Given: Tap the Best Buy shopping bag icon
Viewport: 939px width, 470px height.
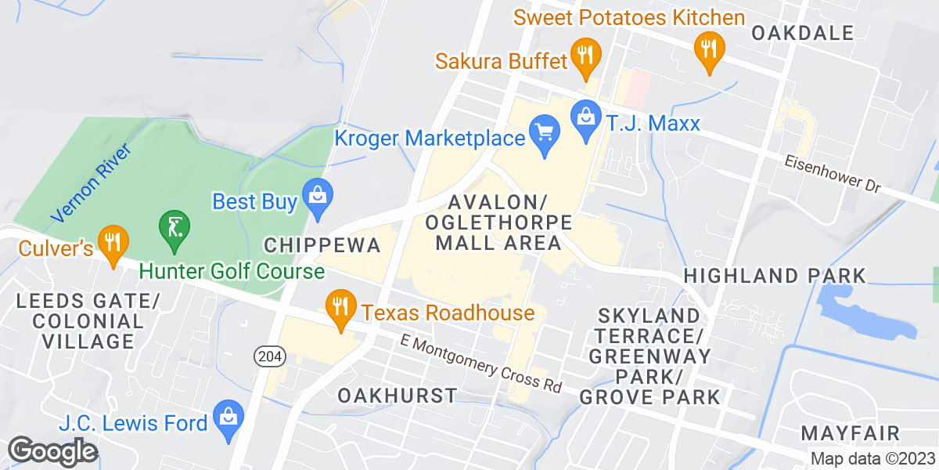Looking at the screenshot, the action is coord(318,194).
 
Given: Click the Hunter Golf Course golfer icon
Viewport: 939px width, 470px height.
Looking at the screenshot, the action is coord(173,228).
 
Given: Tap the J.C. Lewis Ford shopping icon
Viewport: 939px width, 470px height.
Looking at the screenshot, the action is coord(228,416).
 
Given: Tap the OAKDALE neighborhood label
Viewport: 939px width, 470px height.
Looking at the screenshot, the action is coord(802,32).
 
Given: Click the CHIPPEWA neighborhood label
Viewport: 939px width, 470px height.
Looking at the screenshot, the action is coord(322,245).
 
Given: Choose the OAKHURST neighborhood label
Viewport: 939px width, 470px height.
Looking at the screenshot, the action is coord(398,395).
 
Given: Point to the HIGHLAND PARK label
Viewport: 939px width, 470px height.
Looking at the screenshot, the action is coord(775,276).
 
